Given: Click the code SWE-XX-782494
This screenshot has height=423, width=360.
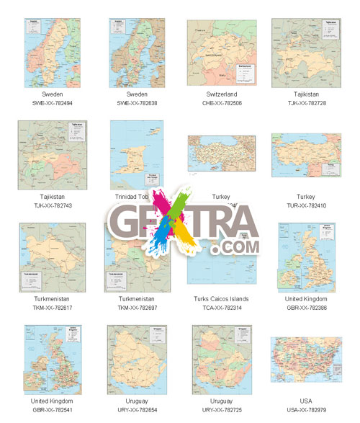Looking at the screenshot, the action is point(52,103).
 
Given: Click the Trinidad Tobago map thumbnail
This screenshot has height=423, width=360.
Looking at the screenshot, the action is point(137,154).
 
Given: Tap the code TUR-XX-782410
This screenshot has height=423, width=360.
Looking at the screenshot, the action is point(306,205).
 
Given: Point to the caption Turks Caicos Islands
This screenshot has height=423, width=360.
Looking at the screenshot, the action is point(220,298).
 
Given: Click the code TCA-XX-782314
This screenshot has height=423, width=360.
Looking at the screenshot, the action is point(220,308).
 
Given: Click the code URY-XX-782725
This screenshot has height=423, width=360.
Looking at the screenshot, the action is point(220,410).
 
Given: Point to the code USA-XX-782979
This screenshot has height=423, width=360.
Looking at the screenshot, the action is point(306,410).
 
